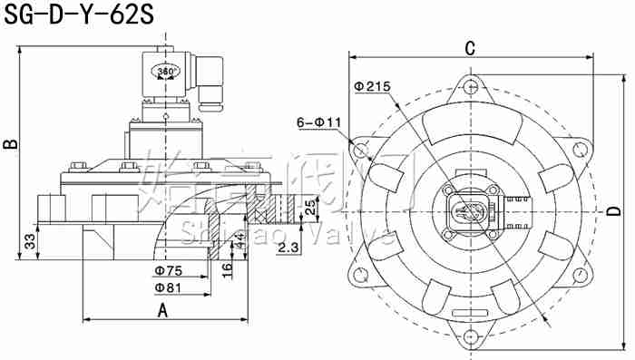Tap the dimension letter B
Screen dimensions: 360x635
[x=10, y=145]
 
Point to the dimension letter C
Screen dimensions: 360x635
[x=470, y=47]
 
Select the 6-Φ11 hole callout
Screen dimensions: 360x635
[x=317, y=122]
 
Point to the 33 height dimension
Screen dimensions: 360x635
[x=28, y=241]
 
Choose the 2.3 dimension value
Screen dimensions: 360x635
[x=289, y=247]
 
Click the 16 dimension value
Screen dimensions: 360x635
[x=228, y=267]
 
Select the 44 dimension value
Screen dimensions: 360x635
[x=239, y=241]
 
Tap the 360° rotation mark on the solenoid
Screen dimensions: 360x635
[x=167, y=71]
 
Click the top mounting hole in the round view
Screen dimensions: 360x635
[x=470, y=87]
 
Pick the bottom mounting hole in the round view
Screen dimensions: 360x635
[x=470, y=340]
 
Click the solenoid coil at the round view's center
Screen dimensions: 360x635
[x=470, y=213]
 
